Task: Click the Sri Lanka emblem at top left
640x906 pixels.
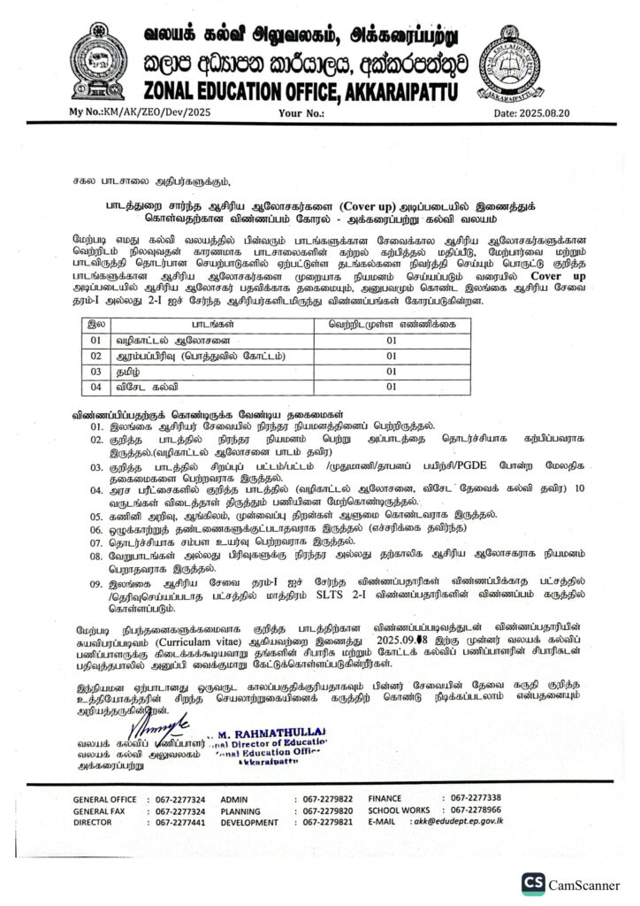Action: [x=97, y=59]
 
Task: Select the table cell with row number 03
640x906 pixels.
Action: [x=91, y=371]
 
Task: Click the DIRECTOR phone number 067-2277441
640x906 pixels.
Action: [x=180, y=821]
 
